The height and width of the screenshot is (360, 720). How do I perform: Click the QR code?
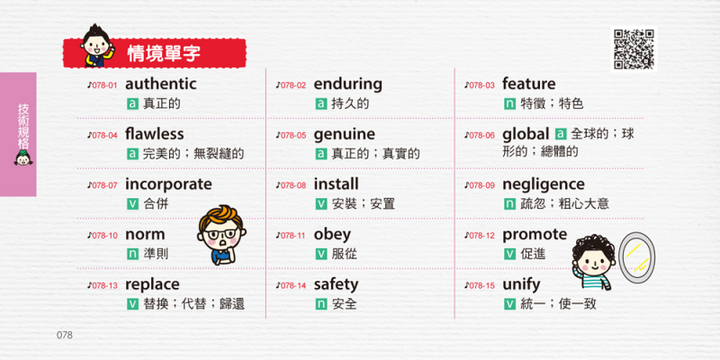tap(634, 49)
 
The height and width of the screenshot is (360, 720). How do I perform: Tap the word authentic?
tap(161, 84)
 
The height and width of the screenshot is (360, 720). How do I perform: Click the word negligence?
tap(544, 185)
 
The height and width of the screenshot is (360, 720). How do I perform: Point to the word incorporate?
tap(168, 184)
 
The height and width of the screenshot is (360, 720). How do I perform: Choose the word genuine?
tap(345, 135)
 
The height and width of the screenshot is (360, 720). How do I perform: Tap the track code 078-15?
tap(481, 285)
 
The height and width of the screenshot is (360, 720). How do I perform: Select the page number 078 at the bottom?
tap(65, 335)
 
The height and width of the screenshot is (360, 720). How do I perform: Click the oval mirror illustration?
tap(636, 257)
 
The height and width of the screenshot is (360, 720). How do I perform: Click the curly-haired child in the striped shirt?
tap(593, 262)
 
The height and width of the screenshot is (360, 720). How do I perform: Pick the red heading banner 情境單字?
tap(155, 53)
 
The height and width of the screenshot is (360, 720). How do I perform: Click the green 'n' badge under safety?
tap(321, 304)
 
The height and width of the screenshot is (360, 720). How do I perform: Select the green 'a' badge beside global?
tap(560, 134)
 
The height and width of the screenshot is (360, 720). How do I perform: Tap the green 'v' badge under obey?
tap(321, 254)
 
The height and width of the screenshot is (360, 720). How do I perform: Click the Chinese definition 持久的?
tap(350, 103)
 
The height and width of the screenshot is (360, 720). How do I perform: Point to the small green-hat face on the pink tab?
tap(22, 157)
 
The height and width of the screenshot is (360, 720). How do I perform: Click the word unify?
tap(521, 285)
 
